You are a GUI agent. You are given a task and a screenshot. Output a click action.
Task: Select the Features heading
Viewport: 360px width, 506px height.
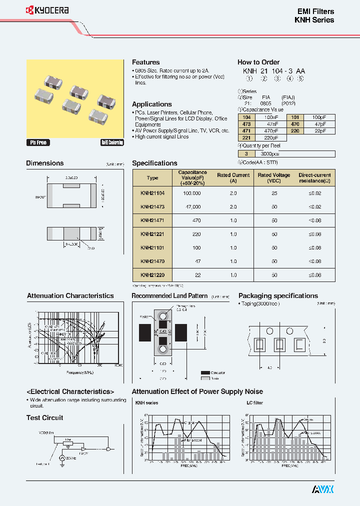(145, 62)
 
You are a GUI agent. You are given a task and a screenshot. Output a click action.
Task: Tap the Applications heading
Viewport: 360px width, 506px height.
(151, 104)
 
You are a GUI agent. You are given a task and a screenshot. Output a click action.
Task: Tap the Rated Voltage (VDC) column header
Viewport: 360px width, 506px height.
(273, 178)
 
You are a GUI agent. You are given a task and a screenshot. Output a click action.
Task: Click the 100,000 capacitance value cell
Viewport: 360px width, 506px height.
(191, 192)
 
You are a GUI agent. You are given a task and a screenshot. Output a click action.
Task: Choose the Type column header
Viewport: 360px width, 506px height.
(152, 178)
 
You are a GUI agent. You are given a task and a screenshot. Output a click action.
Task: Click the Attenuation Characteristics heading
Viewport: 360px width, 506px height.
(70, 295)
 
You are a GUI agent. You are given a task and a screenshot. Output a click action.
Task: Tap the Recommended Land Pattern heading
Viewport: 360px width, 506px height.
(169, 295)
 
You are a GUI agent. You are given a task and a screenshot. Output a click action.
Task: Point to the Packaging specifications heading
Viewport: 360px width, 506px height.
(278, 295)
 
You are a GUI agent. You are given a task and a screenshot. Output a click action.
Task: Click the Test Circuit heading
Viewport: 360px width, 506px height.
(44, 417)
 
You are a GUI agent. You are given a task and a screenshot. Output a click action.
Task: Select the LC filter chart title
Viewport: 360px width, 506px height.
(254, 402)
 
